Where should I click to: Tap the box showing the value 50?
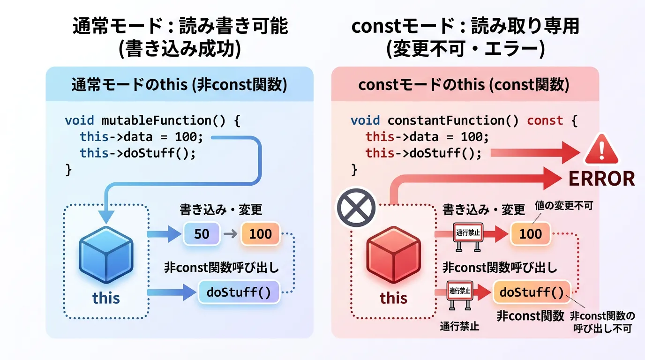(x=202, y=233)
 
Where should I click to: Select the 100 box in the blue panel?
(x=260, y=233)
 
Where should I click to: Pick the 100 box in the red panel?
(x=530, y=233)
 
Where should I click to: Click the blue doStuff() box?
(x=239, y=292)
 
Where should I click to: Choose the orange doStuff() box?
(x=532, y=292)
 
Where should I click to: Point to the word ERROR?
(x=601, y=179)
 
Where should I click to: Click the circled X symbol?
(x=356, y=207)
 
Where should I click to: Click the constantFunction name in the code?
(x=446, y=120)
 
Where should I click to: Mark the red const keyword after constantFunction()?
(x=545, y=120)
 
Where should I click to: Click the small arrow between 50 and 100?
(x=230, y=233)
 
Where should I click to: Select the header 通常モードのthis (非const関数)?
(x=179, y=85)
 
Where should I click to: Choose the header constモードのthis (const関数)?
(x=464, y=85)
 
